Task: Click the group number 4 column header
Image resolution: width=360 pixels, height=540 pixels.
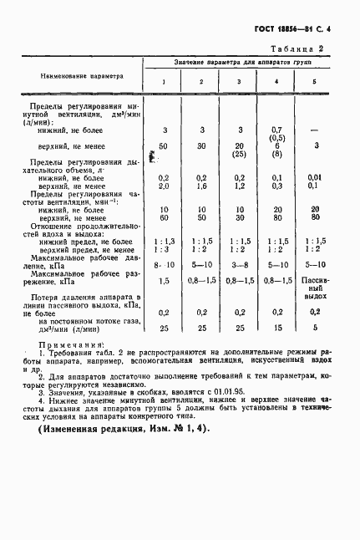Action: pos(276,81)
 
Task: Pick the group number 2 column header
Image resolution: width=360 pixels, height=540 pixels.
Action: pos(200,81)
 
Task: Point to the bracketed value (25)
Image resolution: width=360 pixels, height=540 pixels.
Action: pos(239,155)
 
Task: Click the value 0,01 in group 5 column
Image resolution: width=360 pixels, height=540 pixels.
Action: pos(313,177)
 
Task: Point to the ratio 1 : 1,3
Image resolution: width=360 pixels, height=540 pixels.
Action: pos(164,241)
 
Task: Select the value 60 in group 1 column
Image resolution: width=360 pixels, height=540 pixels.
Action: pos(164,217)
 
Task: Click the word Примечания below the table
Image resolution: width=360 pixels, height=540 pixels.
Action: pos(74,344)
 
